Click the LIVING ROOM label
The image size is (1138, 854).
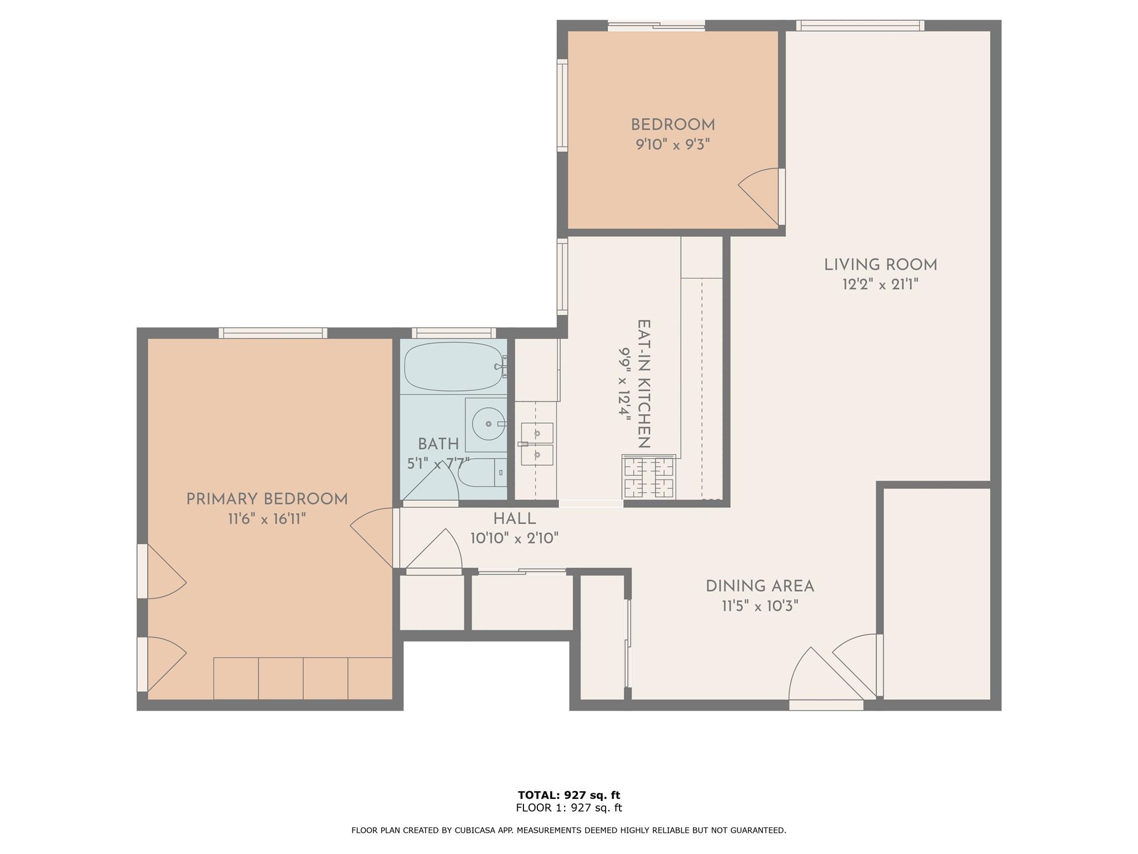(880, 265)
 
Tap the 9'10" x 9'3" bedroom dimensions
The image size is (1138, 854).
(673, 145)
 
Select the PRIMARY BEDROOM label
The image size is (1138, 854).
(267, 499)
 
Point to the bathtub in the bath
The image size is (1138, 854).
(454, 366)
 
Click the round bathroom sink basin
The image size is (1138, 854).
(488, 424)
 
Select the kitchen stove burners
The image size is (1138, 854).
(648, 476)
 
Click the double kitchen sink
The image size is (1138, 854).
(537, 444)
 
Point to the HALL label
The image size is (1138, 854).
(515, 519)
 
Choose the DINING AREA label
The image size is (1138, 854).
(760, 586)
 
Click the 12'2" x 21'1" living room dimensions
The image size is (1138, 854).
(880, 285)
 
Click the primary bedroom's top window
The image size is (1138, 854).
(272, 333)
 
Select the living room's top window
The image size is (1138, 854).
(860, 25)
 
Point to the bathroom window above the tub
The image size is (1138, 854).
(453, 333)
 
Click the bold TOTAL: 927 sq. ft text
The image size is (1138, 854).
(569, 795)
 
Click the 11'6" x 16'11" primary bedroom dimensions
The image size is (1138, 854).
(267, 519)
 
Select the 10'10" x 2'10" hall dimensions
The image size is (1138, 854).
(515, 538)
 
